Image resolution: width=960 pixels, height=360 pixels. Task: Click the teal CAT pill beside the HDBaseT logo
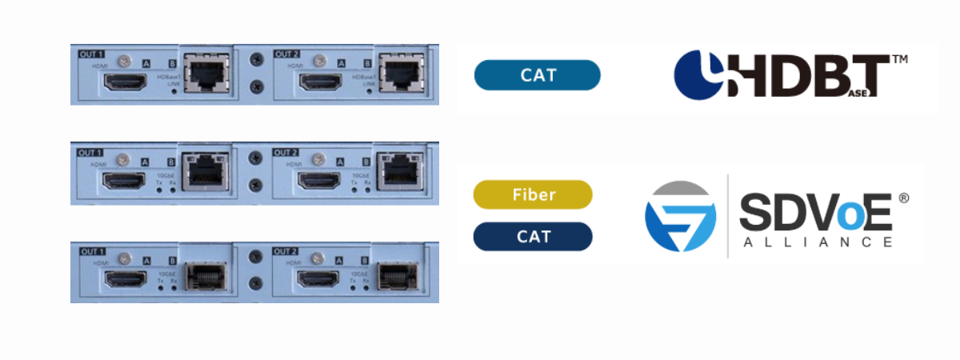coord(537,75)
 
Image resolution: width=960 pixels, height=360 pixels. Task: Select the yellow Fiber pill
coord(532,194)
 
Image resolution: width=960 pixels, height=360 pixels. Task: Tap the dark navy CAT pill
coord(532,237)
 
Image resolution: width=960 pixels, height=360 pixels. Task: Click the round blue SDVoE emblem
coord(680,217)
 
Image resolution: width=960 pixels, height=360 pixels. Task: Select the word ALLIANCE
coord(815,242)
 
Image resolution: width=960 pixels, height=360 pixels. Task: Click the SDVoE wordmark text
coord(815,210)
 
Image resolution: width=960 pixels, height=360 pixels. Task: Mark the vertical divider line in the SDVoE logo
coord(727,216)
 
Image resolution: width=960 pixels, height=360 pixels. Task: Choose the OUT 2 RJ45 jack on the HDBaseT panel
coord(402,74)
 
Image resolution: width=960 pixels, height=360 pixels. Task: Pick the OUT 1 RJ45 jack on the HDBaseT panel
coord(206,74)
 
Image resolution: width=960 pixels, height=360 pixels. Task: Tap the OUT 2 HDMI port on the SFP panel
coord(320,280)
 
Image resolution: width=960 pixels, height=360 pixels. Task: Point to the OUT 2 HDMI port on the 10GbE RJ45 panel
coord(320,180)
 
